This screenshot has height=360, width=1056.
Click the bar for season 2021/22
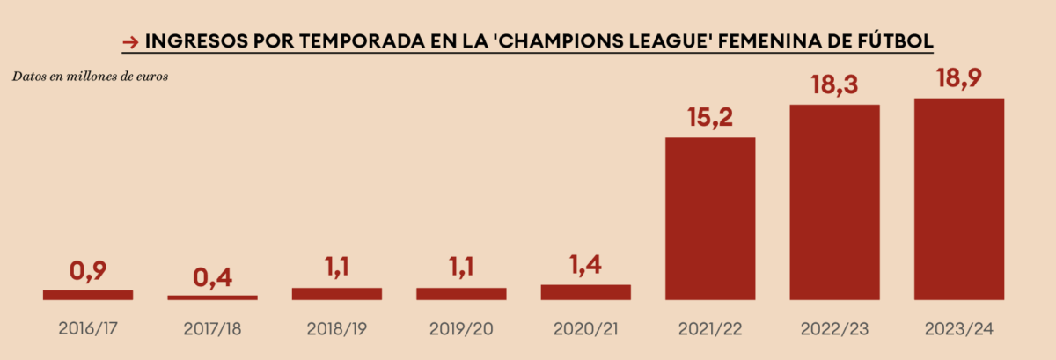pyautogui.click(x=710, y=218)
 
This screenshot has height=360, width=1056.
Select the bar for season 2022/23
pyautogui.click(x=835, y=202)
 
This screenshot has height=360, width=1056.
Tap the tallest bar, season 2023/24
pyautogui.click(x=959, y=199)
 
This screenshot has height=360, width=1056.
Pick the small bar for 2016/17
pyautogui.click(x=88, y=295)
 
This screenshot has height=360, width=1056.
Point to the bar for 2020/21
pyautogui.click(x=585, y=292)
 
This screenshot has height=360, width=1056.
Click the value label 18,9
pyautogui.click(x=959, y=81)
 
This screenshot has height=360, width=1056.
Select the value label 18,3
pyautogui.click(x=835, y=87)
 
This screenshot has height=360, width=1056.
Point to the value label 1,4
pyautogui.click(x=585, y=266)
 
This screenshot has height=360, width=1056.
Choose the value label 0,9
pyautogui.click(x=88, y=271)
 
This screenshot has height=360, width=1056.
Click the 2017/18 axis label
pyautogui.click(x=212, y=329)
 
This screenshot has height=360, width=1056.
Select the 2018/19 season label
pyautogui.click(x=336, y=329)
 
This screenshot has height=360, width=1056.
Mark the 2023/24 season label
pyautogui.click(x=959, y=329)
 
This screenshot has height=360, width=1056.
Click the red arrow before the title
pyautogui.click(x=129, y=41)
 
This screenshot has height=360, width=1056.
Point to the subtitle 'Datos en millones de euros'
pyautogui.click(x=90, y=76)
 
